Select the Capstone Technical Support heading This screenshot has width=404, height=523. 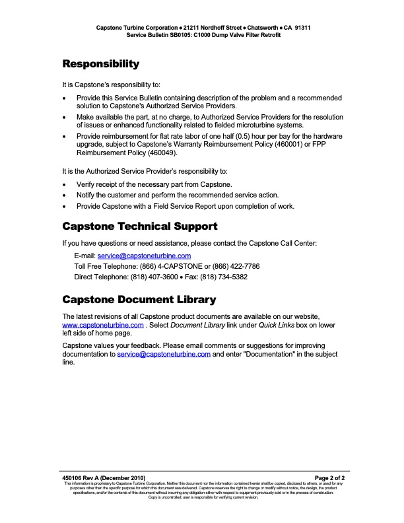[x=140, y=227]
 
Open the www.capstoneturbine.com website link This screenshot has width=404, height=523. [x=103, y=326]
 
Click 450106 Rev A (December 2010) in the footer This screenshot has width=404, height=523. [x=104, y=477]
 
